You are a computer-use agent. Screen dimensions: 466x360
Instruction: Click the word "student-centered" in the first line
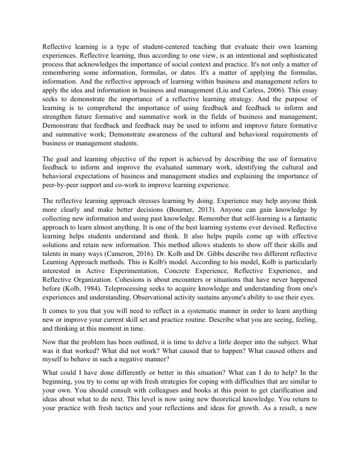[x=168, y=46]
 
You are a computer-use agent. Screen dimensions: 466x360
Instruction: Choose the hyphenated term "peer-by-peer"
[x=64, y=185]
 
